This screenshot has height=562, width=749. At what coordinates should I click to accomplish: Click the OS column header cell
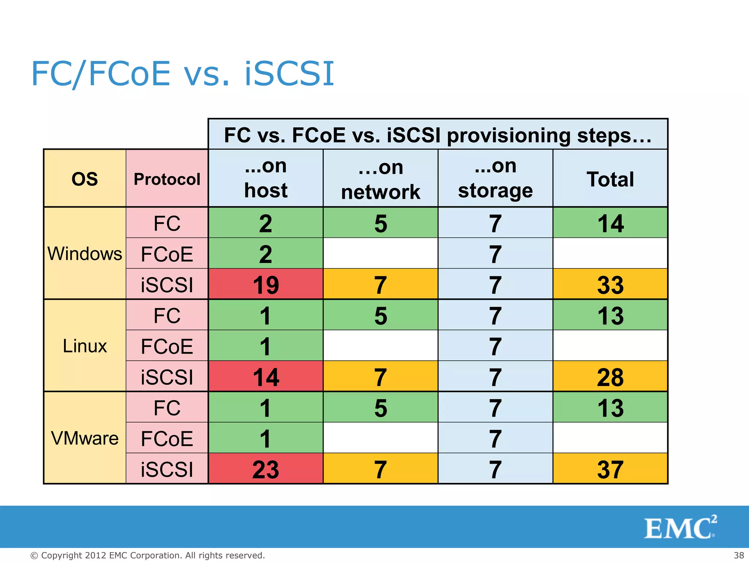pos(84,179)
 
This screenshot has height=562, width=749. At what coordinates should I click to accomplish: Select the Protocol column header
pos(167,179)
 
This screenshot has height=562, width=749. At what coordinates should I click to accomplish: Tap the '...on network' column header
pos(380,179)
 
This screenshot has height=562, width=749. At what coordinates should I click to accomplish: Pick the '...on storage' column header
pos(495,179)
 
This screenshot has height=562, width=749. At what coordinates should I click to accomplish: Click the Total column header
pos(610,179)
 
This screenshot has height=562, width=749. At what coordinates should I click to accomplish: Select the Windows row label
pos(84,254)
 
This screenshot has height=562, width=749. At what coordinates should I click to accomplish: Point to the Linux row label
pos(84,346)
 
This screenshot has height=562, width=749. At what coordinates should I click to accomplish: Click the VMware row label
pos(84,438)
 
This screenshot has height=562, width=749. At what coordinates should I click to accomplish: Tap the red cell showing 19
pos(266,284)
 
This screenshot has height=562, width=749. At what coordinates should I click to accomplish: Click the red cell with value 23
pos(266,469)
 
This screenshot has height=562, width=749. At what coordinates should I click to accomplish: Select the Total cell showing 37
pos(610,469)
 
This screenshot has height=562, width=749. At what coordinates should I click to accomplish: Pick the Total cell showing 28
pos(610,376)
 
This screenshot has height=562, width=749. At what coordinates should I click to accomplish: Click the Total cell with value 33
pos(610,284)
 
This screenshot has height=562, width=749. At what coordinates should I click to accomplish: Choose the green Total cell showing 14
pos(610,223)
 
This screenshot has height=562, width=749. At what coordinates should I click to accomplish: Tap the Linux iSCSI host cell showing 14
pos(266,376)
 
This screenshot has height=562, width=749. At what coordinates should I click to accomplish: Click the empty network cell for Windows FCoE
pos(380,254)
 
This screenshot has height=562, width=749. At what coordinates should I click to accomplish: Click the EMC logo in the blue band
pos(680,527)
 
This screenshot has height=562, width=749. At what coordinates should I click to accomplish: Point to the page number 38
pos(739,555)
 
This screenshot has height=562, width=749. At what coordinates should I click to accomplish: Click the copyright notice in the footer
pos(147,555)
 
